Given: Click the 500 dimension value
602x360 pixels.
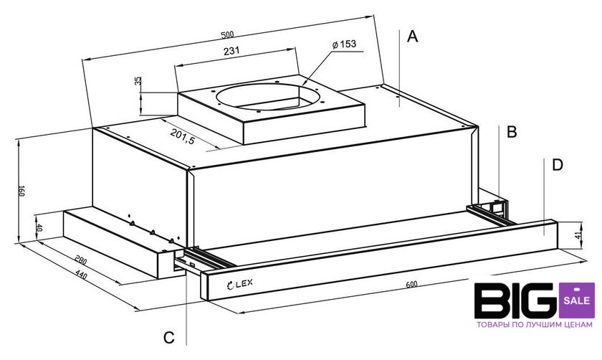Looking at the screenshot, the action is tap(227, 34).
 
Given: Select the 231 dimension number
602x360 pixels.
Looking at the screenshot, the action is tap(231, 51).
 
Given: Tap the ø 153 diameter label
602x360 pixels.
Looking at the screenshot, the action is tap(344, 44).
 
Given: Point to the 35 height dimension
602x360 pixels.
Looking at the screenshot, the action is tap(138, 81).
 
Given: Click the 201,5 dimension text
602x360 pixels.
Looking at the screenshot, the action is tap(183, 136).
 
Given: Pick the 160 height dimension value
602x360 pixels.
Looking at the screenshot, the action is tap(21, 191).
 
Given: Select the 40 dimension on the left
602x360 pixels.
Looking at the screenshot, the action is tap(39, 228).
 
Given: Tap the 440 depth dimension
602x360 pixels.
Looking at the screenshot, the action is tap(81, 275).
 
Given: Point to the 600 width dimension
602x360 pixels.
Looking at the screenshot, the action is tap(411, 284).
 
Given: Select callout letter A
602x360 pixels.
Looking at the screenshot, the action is tap(412, 37).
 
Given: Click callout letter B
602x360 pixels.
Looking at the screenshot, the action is tap(512, 132).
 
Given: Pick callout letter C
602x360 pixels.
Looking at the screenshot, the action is tap(169, 337).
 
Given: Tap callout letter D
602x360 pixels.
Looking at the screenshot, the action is tap(557, 165).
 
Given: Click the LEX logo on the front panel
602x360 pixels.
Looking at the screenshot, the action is tap(240, 284).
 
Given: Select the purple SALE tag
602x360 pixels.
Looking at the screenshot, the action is tap(577, 300).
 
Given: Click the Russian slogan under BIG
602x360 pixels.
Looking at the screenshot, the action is tap(535, 325).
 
